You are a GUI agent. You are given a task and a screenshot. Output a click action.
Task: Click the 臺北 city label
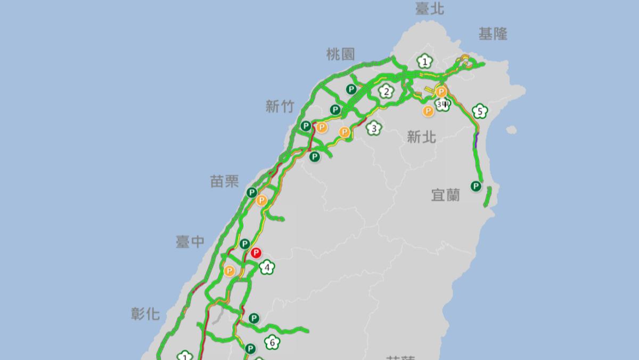(430, 9)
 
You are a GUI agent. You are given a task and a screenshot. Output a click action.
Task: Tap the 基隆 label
(493, 34)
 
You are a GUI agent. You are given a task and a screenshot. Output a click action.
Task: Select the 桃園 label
(340, 53)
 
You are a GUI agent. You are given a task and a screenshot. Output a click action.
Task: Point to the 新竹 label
(280, 107)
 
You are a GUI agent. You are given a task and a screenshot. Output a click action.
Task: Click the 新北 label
(421, 137)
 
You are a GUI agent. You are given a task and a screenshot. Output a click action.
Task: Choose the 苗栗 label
(224, 181)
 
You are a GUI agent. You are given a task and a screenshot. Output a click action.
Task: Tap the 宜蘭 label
(445, 195)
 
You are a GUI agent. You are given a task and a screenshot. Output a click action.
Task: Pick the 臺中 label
(190, 242)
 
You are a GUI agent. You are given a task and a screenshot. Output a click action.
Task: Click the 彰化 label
(145, 314)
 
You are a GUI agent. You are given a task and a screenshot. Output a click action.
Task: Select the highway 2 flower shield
(386, 92)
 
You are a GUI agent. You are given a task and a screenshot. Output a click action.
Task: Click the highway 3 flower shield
(374, 128)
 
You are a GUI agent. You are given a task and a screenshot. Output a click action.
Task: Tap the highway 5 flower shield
(480, 111)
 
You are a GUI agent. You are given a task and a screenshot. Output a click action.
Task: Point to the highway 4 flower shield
(267, 267)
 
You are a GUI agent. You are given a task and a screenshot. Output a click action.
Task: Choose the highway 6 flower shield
(272, 342)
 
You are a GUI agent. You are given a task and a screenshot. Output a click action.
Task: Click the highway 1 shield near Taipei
(424, 62)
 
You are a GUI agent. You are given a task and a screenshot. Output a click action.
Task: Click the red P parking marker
(256, 252)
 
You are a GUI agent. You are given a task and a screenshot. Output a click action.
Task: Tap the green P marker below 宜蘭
(476, 186)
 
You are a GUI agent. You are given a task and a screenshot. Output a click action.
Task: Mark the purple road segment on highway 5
(476, 140)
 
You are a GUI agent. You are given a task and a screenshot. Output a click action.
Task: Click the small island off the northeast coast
(511, 130)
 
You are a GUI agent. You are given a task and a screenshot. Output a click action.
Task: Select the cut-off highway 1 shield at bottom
(185, 356)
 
